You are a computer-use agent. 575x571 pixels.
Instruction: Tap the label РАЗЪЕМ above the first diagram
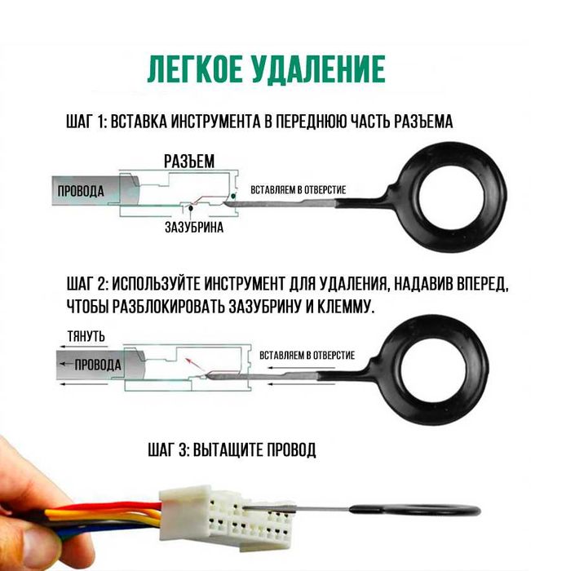click(189, 162)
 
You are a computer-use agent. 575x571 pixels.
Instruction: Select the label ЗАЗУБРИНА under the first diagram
click(194, 229)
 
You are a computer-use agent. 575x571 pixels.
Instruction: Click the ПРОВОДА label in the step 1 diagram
click(79, 191)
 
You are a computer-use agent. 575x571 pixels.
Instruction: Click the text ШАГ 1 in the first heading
click(86, 122)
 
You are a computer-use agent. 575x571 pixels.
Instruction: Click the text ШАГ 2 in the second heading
click(86, 285)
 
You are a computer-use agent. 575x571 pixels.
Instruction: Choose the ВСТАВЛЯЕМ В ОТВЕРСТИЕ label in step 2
click(307, 356)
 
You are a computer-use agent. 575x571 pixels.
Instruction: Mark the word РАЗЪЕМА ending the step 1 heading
click(424, 122)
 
